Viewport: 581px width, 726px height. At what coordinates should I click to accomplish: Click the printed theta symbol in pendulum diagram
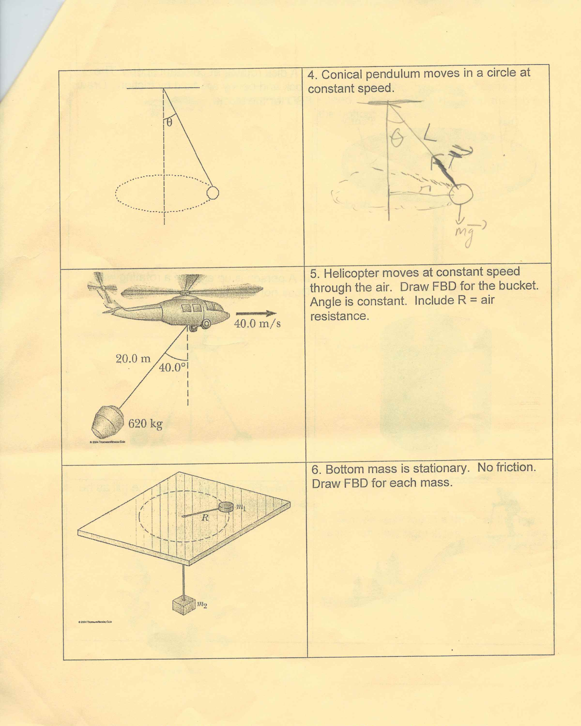click(169, 123)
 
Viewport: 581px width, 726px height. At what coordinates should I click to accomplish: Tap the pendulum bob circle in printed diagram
click(213, 193)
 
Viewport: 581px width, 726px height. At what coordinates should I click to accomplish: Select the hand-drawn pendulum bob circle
click(461, 194)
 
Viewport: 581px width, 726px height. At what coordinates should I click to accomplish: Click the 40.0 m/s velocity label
click(257, 324)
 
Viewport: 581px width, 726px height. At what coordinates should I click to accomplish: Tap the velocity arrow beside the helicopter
click(256, 314)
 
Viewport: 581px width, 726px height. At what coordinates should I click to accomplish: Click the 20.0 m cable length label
click(133, 359)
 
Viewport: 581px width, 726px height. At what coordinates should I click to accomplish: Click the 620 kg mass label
click(145, 423)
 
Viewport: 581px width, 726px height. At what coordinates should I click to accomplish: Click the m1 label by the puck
click(241, 507)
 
